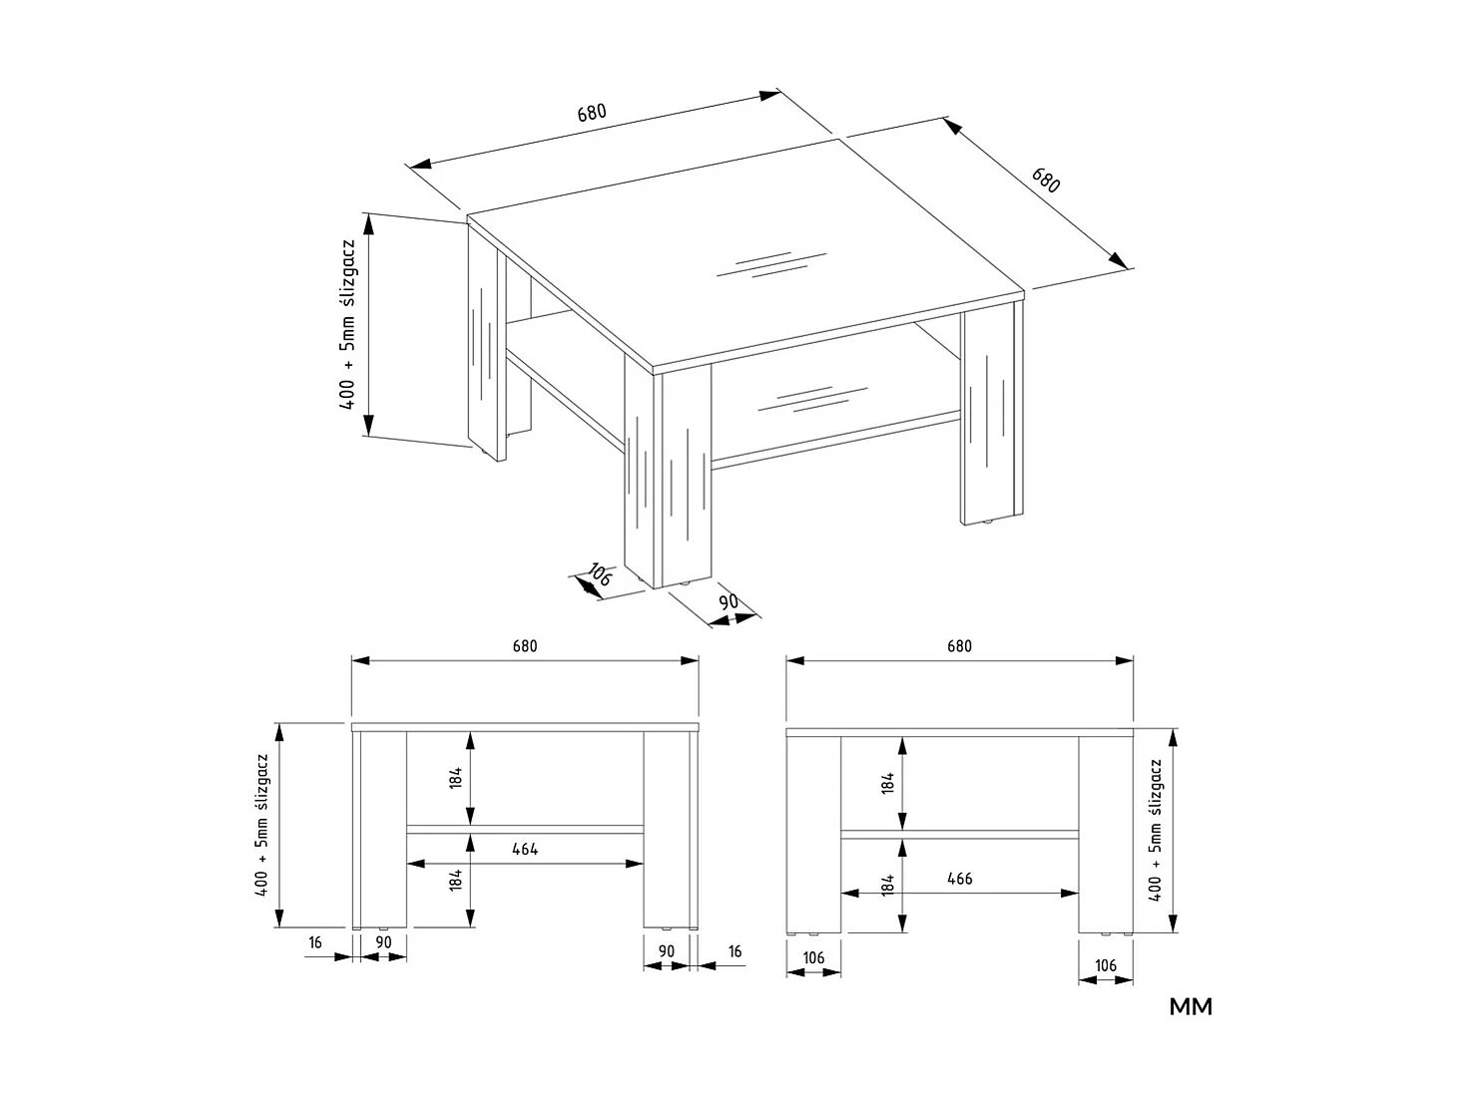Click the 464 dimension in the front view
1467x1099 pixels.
(x=525, y=850)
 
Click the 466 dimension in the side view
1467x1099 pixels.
(x=959, y=879)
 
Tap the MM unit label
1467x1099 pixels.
(x=1191, y=1007)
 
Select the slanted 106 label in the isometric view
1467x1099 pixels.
(x=599, y=573)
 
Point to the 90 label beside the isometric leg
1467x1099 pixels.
(x=729, y=601)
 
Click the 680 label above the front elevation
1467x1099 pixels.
(x=525, y=646)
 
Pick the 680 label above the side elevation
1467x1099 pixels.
(x=959, y=646)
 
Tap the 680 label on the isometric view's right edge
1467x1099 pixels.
(x=1046, y=182)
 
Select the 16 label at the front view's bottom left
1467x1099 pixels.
(x=315, y=941)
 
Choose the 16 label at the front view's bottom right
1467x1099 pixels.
(x=735, y=951)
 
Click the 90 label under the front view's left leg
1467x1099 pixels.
(x=383, y=941)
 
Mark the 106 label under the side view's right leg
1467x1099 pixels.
(x=1106, y=965)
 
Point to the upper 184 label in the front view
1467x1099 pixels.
(x=455, y=779)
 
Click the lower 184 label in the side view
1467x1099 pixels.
(x=887, y=884)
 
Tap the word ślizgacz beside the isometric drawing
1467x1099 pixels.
(x=348, y=284)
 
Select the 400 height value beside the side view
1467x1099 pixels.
(x=1157, y=887)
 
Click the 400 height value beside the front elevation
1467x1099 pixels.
(x=262, y=882)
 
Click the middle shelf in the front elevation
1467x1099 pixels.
(x=525, y=829)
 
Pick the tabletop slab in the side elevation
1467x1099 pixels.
(x=959, y=733)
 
